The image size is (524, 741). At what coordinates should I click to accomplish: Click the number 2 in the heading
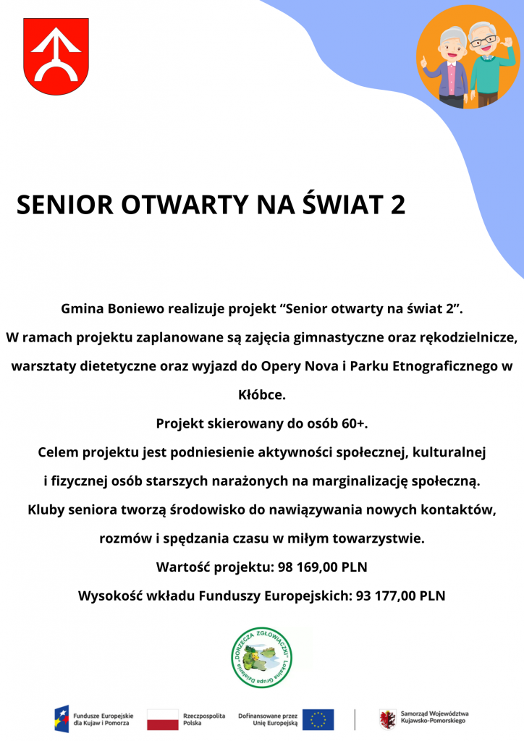pyautogui.click(x=397, y=205)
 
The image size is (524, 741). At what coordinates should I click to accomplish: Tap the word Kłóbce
pyautogui.click(x=262, y=394)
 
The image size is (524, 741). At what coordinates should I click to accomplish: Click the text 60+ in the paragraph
pyautogui.click(x=350, y=423)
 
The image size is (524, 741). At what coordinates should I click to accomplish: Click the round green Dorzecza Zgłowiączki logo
pyautogui.click(x=261, y=657)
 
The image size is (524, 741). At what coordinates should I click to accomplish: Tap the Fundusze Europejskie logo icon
pyautogui.click(x=62, y=719)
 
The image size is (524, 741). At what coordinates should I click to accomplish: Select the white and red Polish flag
pyautogui.click(x=162, y=719)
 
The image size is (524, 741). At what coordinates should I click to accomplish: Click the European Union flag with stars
pyautogui.click(x=318, y=719)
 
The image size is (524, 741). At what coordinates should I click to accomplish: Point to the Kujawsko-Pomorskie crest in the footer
pyautogui.click(x=387, y=719)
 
